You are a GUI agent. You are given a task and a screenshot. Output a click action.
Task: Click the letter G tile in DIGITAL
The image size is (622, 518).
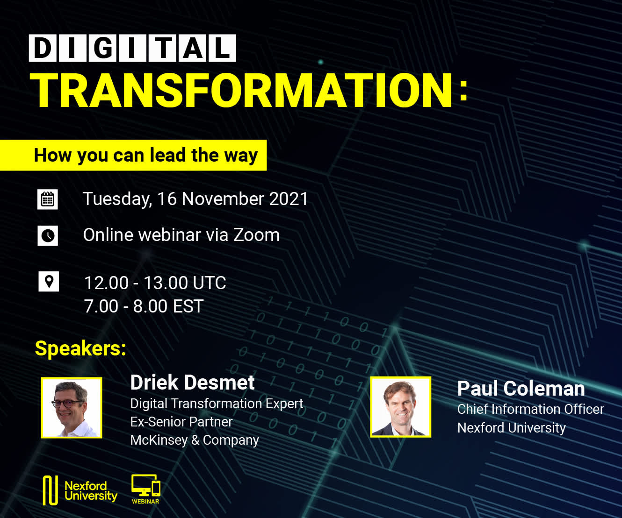click(102, 48)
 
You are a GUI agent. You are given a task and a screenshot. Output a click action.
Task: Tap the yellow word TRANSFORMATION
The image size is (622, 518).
click(241, 90)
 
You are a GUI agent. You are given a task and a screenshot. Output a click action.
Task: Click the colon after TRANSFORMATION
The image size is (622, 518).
click(463, 91)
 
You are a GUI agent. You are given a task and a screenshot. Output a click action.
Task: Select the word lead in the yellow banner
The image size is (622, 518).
click(168, 155)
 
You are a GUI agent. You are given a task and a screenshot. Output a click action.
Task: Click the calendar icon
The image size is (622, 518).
click(48, 199)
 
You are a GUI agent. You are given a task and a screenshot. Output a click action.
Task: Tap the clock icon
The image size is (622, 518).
click(48, 235)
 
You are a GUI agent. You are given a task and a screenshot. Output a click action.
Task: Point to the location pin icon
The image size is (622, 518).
click(49, 281)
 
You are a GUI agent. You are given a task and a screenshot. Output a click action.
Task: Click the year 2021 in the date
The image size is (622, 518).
click(289, 199)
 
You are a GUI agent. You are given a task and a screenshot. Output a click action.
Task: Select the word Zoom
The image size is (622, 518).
click(256, 235)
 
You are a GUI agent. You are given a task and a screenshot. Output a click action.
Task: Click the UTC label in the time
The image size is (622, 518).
click(210, 283)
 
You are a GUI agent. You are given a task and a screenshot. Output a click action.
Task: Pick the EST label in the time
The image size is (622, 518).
click(188, 306)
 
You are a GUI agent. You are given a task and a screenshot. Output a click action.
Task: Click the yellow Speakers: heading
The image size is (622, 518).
click(80, 348)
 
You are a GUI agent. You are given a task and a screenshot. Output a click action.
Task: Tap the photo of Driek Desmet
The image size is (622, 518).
click(72, 408)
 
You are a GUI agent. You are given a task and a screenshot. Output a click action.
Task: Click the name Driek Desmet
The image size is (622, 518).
click(192, 383)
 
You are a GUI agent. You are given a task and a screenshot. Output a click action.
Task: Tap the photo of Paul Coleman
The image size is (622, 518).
click(401, 407)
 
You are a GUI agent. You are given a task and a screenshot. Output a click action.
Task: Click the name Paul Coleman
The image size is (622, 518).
click(521, 389)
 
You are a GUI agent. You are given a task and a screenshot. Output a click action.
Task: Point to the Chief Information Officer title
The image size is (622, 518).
click(530, 409)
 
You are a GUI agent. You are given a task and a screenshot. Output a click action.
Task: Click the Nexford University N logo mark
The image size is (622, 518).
click(50, 490)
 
